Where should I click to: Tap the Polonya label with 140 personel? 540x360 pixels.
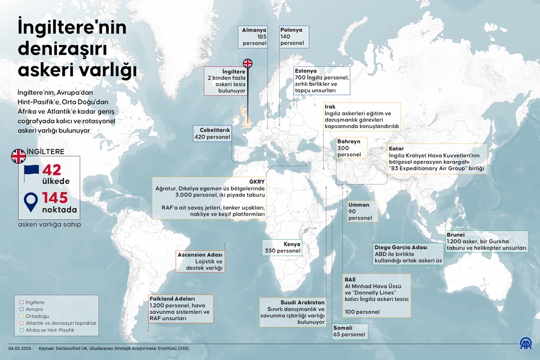click(293, 37)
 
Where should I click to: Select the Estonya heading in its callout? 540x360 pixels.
click(306, 70)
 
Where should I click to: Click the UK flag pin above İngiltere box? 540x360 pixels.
click(247, 63)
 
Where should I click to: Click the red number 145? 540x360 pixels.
click(61, 198)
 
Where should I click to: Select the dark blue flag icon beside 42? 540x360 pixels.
click(31, 172)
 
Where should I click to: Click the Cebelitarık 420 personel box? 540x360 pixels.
click(212, 133)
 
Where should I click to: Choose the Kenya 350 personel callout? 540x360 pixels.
click(283, 247)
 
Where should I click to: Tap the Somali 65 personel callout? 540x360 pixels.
click(350, 331)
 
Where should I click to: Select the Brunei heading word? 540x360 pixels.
click(456, 234)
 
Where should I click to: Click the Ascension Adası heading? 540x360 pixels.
click(200, 254)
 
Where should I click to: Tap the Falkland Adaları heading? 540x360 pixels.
click(172, 299)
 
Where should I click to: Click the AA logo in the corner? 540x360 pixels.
click(526, 344)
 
